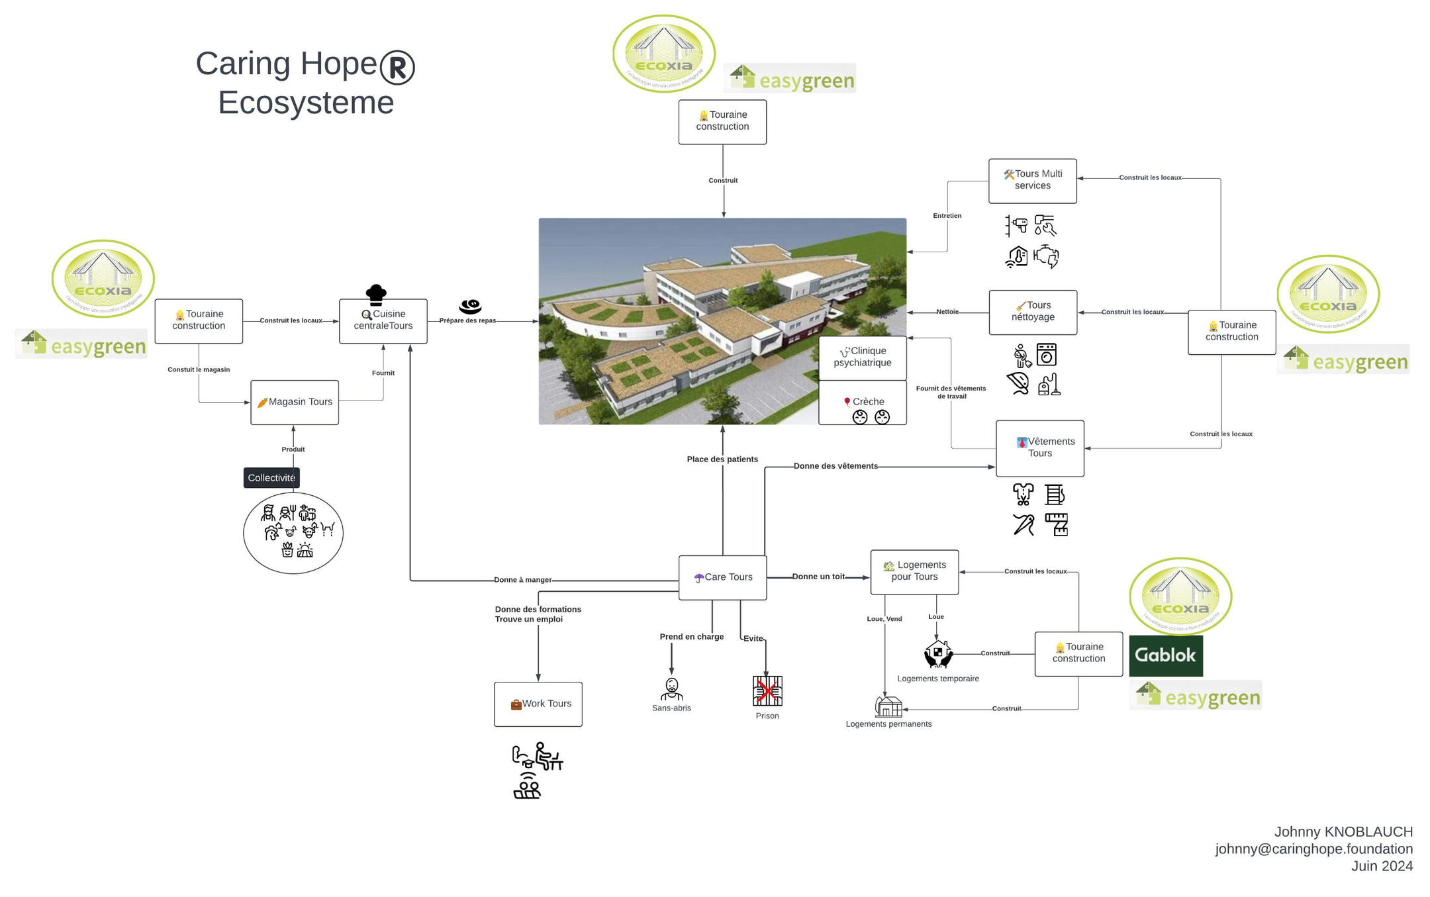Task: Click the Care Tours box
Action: pyautogui.click(x=722, y=577)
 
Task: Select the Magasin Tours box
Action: pyautogui.click(x=295, y=402)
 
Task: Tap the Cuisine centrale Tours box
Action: pyautogui.click(x=383, y=320)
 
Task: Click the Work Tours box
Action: pyautogui.click(x=538, y=704)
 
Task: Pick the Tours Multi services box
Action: pyautogui.click(x=1032, y=180)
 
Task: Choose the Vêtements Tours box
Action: pyautogui.click(x=1039, y=448)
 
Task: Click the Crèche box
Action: pyautogui.click(x=862, y=402)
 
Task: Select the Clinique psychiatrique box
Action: pyautogui.click(x=862, y=357)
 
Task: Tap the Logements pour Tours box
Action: pyautogui.click(x=914, y=571)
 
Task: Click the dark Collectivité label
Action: pyautogui.click(x=271, y=477)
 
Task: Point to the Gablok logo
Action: pyautogui.click(x=1165, y=655)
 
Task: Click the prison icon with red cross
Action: pyautogui.click(x=767, y=691)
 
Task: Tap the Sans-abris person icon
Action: pyautogui.click(x=671, y=689)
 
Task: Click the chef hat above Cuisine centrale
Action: pyautogui.click(x=376, y=293)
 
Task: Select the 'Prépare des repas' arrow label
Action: pyautogui.click(x=467, y=320)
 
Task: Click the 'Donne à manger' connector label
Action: pyautogui.click(x=522, y=580)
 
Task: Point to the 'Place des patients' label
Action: pyautogui.click(x=722, y=459)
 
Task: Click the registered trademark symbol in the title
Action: pyautogui.click(x=397, y=67)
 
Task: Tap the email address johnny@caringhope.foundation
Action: pyautogui.click(x=1313, y=849)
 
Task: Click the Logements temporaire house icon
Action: pyautogui.click(x=938, y=653)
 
